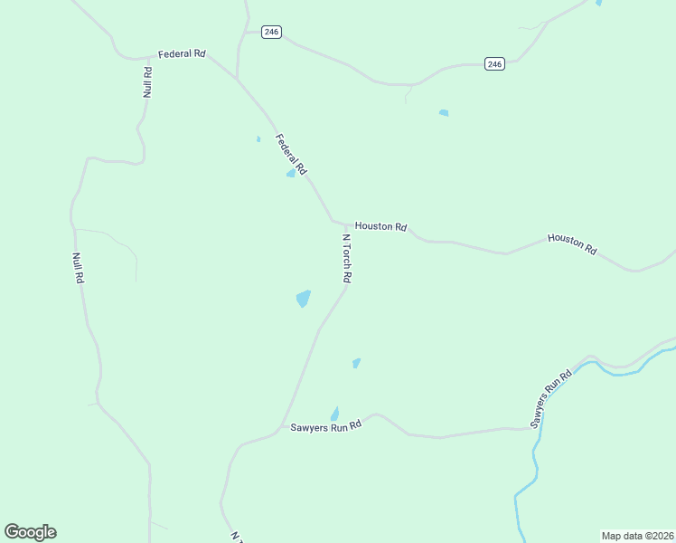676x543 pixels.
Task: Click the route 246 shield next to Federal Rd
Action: point(272,32)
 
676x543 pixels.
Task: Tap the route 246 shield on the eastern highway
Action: point(493,63)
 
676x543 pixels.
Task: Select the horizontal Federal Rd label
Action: point(182,54)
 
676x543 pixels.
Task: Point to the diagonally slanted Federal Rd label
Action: point(292,155)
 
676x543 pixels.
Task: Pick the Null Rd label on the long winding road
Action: point(79,269)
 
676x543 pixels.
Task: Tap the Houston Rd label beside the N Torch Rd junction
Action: point(380,226)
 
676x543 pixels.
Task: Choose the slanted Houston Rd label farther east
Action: point(572,243)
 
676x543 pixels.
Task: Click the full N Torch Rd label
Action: point(346,261)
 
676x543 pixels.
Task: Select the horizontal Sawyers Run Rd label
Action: point(325,425)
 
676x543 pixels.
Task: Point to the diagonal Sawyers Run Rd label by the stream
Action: point(551,398)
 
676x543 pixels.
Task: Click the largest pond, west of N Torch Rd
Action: point(303,298)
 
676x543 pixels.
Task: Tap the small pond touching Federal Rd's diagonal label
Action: point(291,173)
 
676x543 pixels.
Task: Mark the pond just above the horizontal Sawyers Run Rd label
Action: point(334,413)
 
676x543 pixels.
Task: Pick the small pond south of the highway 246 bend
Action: point(444,113)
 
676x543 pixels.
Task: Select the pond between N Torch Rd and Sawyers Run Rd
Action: point(356,363)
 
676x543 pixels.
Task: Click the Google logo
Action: point(30,532)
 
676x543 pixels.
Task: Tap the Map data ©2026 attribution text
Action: point(637,536)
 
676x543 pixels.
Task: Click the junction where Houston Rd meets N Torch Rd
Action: point(346,224)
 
